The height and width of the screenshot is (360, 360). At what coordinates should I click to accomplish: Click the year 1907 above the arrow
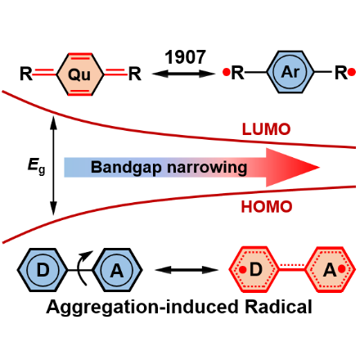[x=185, y=57]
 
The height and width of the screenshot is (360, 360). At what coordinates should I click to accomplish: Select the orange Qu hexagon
[x=80, y=74]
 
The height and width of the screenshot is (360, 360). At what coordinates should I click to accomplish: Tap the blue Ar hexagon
[x=290, y=72]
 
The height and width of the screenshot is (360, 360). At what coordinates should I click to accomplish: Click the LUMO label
[x=266, y=129]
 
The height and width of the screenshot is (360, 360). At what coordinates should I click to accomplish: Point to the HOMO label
[x=267, y=206]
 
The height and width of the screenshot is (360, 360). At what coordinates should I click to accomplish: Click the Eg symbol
[x=36, y=166]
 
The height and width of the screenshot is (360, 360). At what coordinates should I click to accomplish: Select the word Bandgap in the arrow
[x=127, y=168]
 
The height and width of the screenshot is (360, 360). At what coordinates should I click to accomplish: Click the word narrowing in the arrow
[x=207, y=168]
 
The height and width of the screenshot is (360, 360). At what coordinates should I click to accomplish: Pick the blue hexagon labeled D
[x=43, y=270]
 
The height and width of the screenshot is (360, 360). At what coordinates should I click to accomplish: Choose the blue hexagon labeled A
[x=117, y=270]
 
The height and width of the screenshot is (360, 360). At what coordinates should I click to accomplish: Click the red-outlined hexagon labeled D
[x=254, y=269]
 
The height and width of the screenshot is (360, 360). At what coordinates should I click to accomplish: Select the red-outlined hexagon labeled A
[x=330, y=269]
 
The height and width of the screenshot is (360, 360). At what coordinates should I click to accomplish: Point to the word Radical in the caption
[x=278, y=307]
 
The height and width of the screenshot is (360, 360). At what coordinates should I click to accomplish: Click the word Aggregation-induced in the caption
[x=142, y=308]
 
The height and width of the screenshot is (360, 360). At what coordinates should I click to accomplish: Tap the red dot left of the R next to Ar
[x=226, y=72]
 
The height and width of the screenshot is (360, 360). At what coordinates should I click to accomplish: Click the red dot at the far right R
[x=352, y=72]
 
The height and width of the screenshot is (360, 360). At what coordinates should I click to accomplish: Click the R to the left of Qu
[x=26, y=74]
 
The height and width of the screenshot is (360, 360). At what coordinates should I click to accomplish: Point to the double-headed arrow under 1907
[x=184, y=74]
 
